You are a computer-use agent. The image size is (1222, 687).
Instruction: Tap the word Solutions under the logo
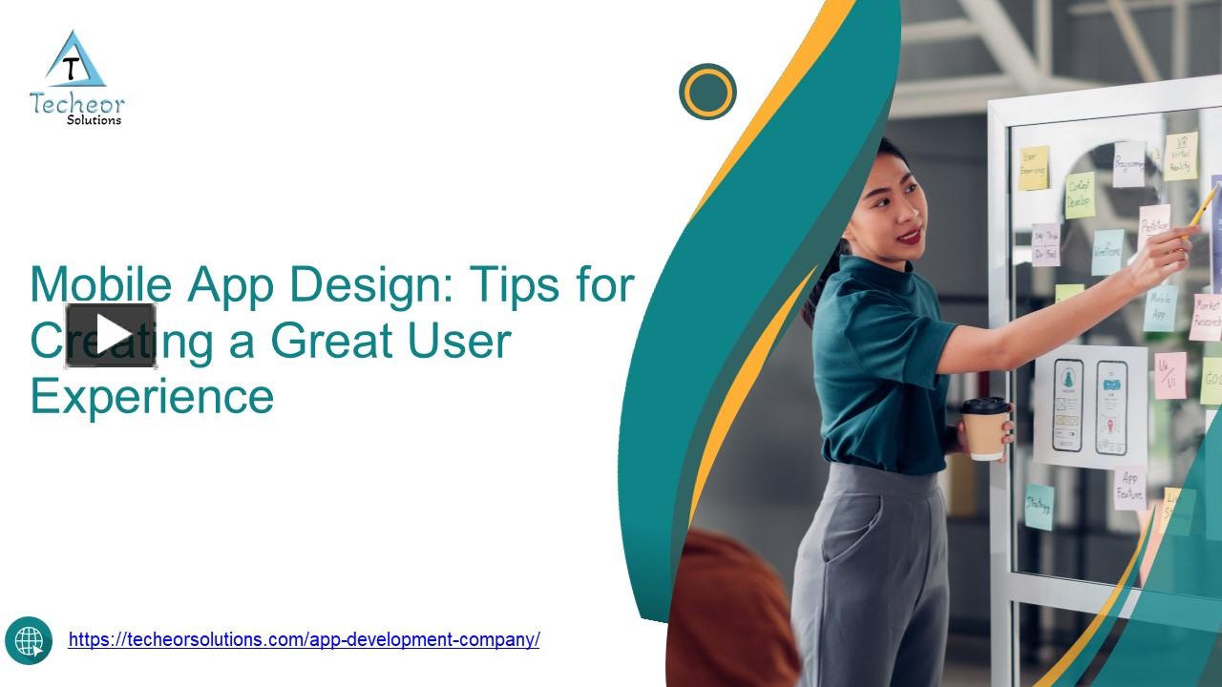pos(94,120)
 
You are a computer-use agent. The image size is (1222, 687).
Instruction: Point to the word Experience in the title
pos(152,395)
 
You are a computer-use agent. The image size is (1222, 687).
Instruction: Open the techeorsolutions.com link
pos(304,639)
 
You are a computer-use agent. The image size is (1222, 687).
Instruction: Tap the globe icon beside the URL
pos(29,639)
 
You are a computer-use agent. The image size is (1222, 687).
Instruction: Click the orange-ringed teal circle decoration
pos(707,92)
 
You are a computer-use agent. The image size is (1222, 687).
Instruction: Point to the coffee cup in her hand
pos(984,428)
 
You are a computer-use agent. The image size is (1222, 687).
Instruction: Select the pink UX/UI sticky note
pos(1169,375)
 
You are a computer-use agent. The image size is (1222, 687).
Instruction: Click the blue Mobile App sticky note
pos(1160,307)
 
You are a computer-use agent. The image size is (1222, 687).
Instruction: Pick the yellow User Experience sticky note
pos(1033,168)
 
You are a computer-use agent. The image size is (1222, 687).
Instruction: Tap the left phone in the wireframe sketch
pos(1067,405)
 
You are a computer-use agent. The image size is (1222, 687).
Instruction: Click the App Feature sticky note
pos(1130,488)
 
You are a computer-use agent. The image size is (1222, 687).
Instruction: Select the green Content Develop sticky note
pos(1080,195)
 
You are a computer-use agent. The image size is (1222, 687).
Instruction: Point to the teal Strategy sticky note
pos(1039,506)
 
